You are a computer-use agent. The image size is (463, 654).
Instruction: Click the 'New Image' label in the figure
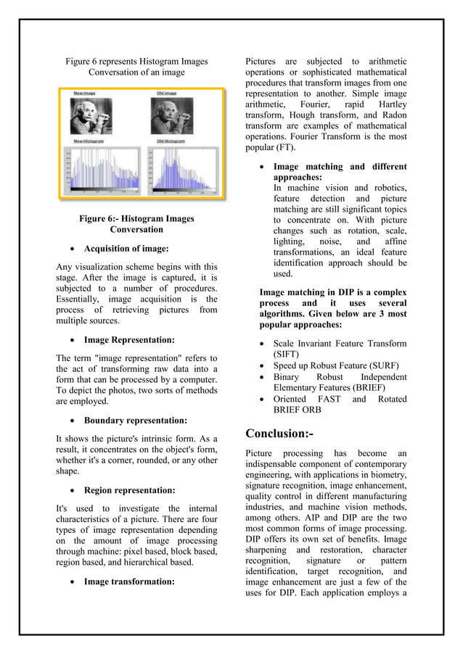tap(83, 94)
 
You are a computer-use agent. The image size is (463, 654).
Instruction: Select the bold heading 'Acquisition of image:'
tap(126, 249)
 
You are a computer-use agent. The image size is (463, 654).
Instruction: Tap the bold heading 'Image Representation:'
tap(129, 339)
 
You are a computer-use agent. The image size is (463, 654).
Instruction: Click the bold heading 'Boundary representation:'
tap(136, 420)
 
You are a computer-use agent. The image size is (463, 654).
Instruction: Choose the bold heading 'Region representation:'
tap(130, 490)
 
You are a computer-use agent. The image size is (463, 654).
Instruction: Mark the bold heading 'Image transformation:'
tap(130, 581)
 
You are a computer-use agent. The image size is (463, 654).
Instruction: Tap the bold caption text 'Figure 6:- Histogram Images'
tap(136, 218)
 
